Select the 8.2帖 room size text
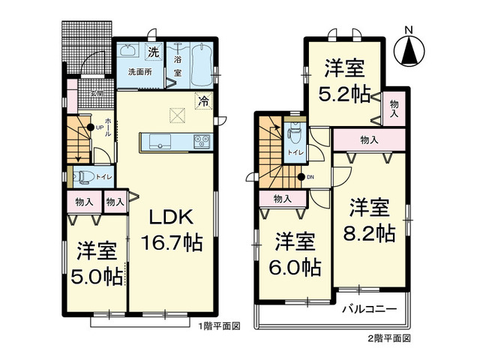pyautogui.click(x=370, y=232)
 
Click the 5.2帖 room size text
pyautogui.click(x=344, y=93)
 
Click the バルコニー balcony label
pyautogui.click(x=365, y=308)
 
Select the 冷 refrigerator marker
pyautogui.click(x=202, y=100)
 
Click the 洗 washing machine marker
pyautogui.click(x=153, y=52)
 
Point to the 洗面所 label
pyautogui.click(x=139, y=73)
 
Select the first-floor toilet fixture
pyautogui.click(x=83, y=177)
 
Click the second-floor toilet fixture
pyautogui.click(x=292, y=136)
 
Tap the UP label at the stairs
pyautogui.click(x=97, y=127)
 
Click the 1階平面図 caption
pyautogui.click(x=219, y=326)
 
